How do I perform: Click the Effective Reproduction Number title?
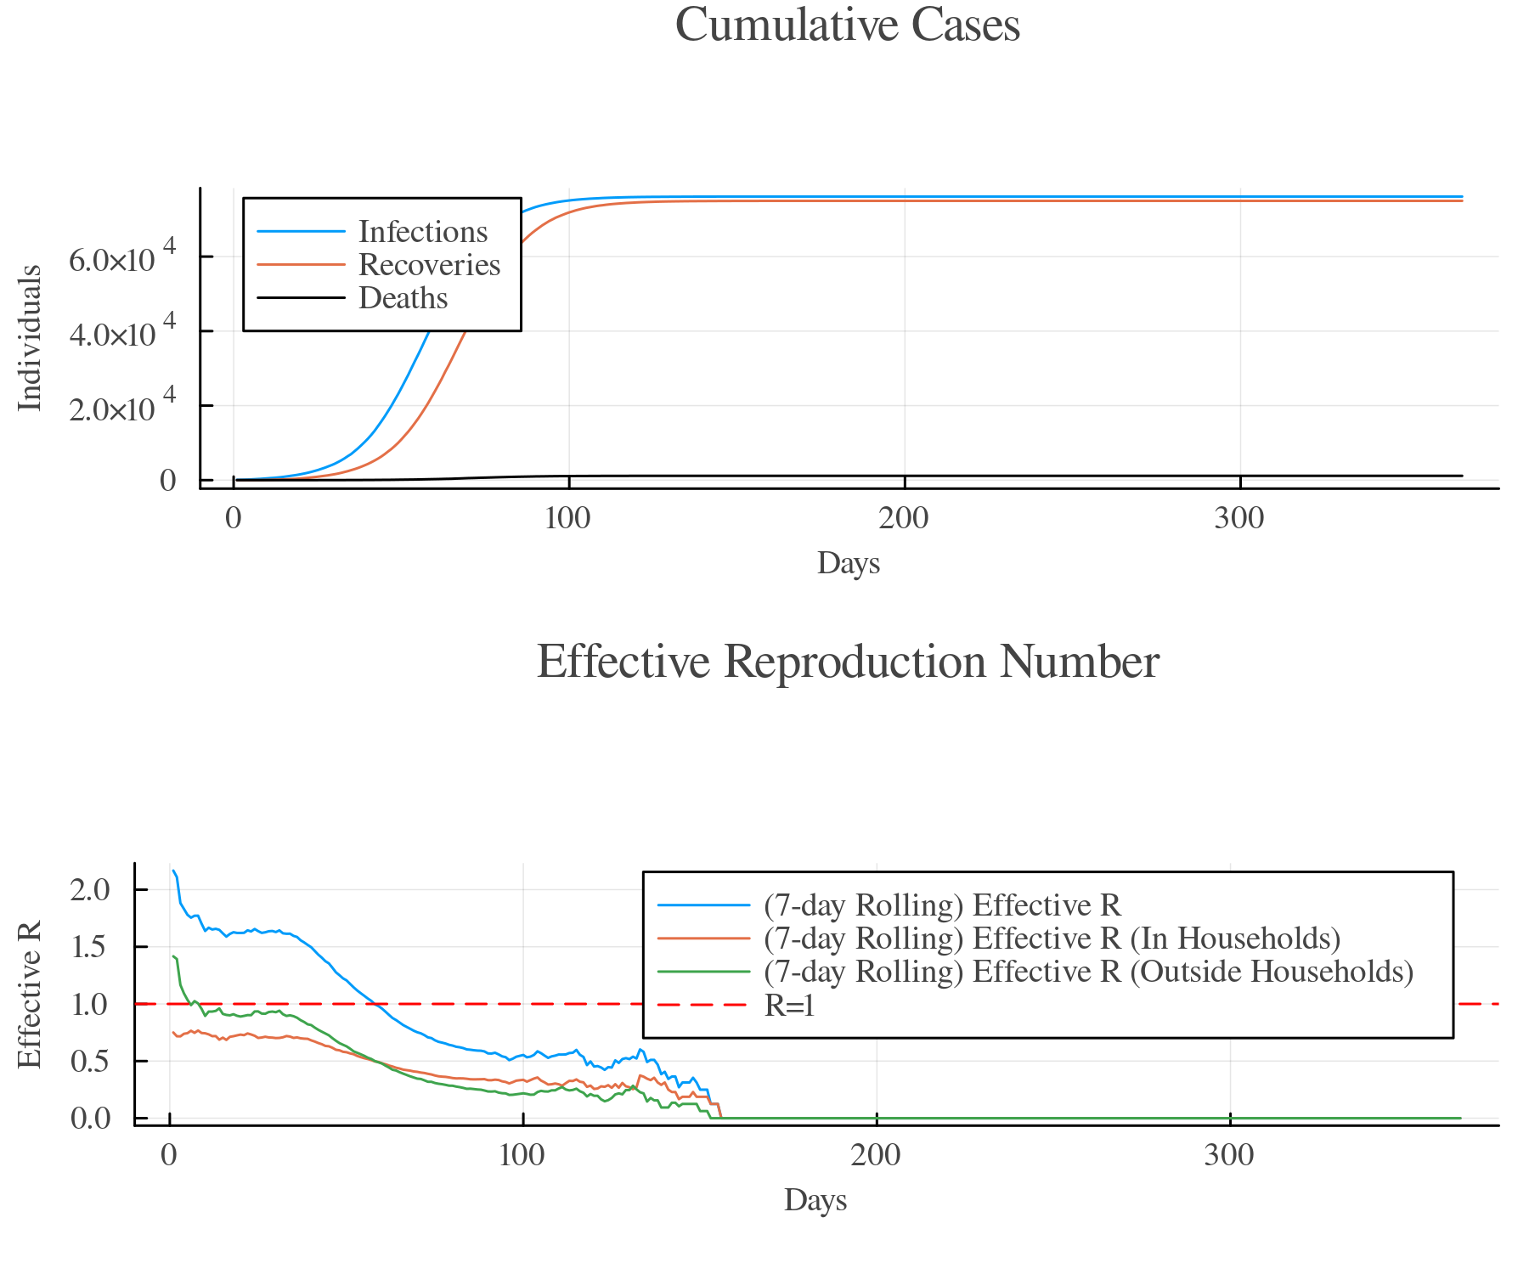[847, 662]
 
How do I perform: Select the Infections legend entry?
[422, 232]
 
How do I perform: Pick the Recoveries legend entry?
[429, 265]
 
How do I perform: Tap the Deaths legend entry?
[403, 298]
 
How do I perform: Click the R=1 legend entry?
[789, 1006]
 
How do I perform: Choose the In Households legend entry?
[1052, 939]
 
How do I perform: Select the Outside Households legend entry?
[1088, 972]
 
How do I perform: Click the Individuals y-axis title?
[31, 338]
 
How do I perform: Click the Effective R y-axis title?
[31, 995]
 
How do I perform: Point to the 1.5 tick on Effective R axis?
[90, 947]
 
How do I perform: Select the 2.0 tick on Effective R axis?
[90, 890]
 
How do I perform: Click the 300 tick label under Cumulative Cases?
[1239, 518]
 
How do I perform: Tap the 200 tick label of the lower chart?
[876, 1155]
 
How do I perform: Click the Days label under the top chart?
[848, 563]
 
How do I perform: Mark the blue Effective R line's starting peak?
[173, 871]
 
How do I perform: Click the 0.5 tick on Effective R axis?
[90, 1062]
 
